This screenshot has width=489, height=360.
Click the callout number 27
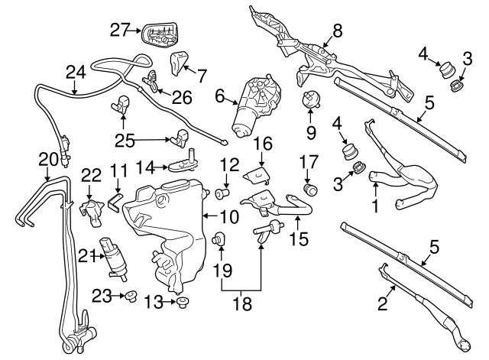tap(120, 31)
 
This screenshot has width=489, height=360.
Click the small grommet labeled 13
tap(182, 303)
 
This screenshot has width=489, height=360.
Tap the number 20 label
tap(48, 159)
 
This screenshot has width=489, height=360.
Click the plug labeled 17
tap(309, 188)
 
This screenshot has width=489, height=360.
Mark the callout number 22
tap(91, 175)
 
